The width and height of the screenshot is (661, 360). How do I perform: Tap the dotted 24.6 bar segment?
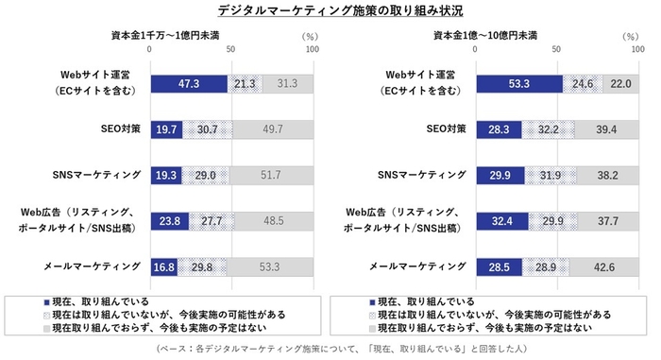tap(584, 83)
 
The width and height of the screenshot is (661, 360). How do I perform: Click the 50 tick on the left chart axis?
tap(231, 50)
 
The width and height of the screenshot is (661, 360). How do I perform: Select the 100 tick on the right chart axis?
tap(638, 50)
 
